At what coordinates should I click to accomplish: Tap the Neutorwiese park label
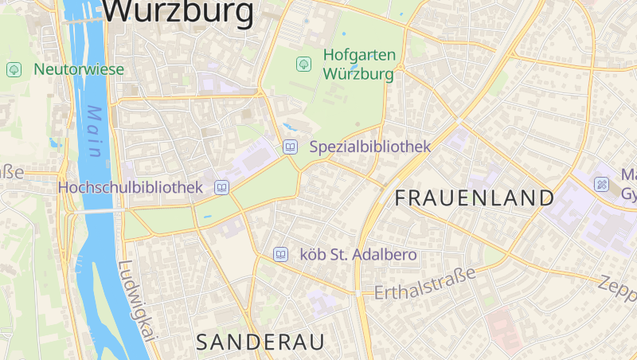pyautogui.click(x=78, y=69)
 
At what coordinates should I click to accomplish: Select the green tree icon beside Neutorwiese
pyautogui.click(x=14, y=69)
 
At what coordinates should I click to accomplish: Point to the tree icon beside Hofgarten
pyautogui.click(x=303, y=64)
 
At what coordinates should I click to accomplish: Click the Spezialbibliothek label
pyautogui.click(x=369, y=147)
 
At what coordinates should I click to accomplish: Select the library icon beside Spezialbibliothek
pyautogui.click(x=290, y=147)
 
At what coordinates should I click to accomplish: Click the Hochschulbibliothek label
pyautogui.click(x=131, y=188)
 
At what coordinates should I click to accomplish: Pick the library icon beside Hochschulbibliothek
pyautogui.click(x=221, y=188)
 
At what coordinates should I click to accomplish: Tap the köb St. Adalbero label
pyautogui.click(x=358, y=255)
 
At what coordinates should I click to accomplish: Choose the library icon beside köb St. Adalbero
pyautogui.click(x=280, y=254)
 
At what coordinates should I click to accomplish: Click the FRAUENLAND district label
pyautogui.click(x=474, y=198)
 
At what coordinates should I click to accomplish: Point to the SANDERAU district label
pyautogui.click(x=260, y=342)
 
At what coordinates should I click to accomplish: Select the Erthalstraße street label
pyautogui.click(x=425, y=284)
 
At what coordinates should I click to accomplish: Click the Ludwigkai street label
pyautogui.click(x=135, y=303)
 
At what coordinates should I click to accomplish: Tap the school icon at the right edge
pyautogui.click(x=602, y=185)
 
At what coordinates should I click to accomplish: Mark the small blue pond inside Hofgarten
pyautogui.click(x=292, y=127)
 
